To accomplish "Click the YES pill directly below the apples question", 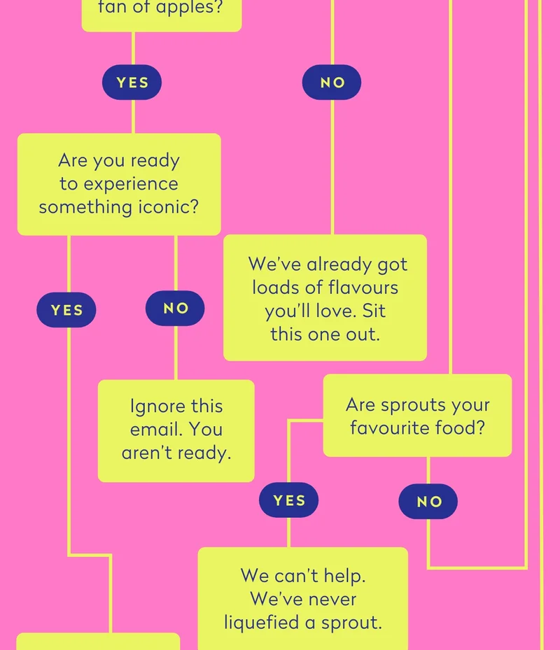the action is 132,82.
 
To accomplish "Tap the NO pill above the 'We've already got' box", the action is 332,82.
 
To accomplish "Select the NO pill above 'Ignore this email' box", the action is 175,308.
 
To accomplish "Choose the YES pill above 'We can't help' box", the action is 288,500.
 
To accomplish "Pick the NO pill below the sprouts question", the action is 428,501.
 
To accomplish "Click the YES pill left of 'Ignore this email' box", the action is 66,310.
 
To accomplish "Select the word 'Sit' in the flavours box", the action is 374,311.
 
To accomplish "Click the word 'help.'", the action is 344,576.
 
